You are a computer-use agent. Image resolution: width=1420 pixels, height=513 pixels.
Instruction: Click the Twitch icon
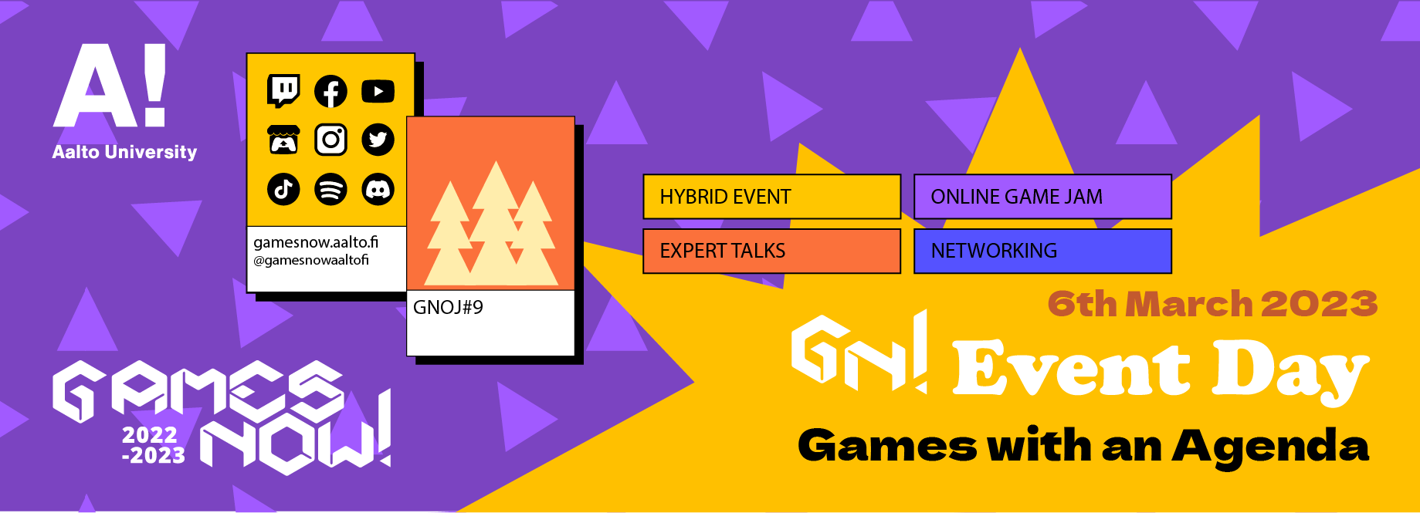[x=283, y=91]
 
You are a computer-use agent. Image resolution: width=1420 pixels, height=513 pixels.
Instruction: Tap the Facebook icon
[x=330, y=92]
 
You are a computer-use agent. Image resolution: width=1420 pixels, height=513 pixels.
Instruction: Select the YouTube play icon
[x=378, y=91]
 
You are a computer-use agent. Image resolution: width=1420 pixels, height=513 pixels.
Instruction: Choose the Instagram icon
[x=330, y=140]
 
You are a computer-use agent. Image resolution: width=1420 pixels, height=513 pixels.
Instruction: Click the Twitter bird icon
[x=378, y=140]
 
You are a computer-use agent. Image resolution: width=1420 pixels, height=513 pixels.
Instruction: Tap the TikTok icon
[x=283, y=189]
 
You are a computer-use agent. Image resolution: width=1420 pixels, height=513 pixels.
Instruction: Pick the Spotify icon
[x=330, y=189]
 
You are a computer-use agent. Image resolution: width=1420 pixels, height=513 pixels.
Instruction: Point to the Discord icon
[x=378, y=189]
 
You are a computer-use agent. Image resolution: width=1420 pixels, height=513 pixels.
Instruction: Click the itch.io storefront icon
[x=283, y=140]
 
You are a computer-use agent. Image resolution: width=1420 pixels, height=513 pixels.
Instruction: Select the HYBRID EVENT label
[x=725, y=197]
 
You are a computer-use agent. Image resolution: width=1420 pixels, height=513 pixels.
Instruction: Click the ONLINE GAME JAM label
[x=1016, y=197]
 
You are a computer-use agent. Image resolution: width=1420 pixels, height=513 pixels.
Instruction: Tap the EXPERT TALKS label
[x=722, y=251]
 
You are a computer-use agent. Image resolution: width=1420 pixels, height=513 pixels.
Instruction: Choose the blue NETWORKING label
[x=994, y=251]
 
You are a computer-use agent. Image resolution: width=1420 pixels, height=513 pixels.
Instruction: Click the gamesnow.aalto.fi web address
[x=316, y=242]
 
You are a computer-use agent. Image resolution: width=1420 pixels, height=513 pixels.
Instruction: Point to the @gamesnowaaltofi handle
[x=311, y=260]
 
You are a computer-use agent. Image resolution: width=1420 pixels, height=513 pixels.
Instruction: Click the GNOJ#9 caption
[x=448, y=308]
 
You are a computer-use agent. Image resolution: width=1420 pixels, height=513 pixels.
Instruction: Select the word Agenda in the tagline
[x=1270, y=447]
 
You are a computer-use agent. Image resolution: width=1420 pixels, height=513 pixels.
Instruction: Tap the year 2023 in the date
[x=1320, y=304]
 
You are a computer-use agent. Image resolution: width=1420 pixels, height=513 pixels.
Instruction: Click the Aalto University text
[x=124, y=152]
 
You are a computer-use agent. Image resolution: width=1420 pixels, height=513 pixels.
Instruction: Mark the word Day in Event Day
[x=1290, y=370]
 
